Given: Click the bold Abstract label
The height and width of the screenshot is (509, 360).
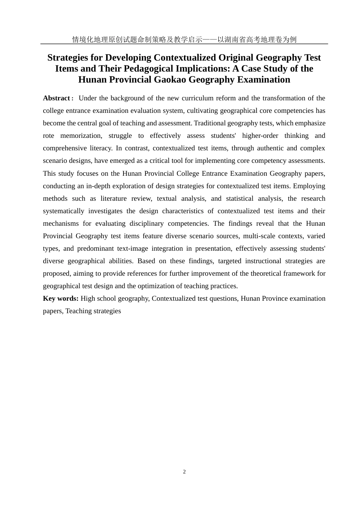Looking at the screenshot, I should pyautogui.click(x=56, y=98).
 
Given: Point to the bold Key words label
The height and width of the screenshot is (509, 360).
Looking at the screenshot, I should pyautogui.click(x=61, y=298).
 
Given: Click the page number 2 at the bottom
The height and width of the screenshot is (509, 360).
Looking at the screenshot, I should pyautogui.click(x=184, y=472).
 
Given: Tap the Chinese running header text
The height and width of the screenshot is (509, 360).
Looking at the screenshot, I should pyautogui.click(x=184, y=39).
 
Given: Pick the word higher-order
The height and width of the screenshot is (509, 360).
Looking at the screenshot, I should pyautogui.click(x=260, y=136).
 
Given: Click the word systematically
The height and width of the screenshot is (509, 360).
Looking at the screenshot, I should pyautogui.click(x=64, y=211).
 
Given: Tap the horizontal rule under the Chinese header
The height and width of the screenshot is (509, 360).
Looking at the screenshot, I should pyautogui.click(x=184, y=44).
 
